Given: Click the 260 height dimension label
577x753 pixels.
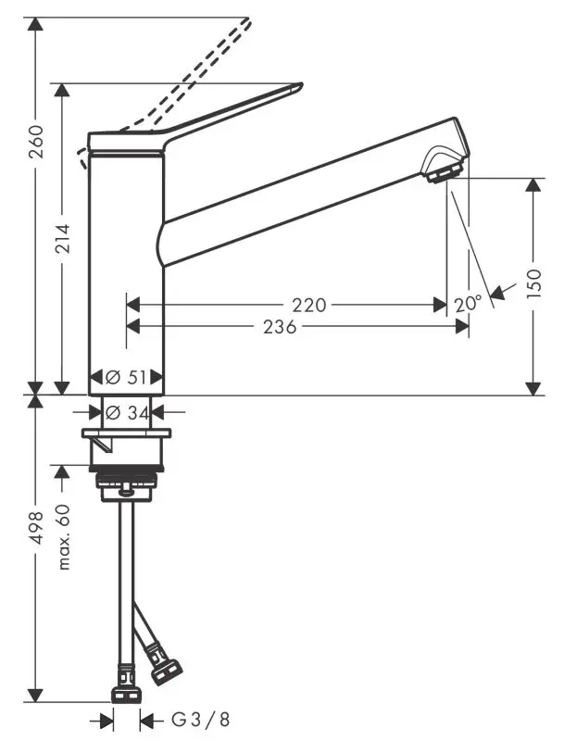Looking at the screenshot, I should (35, 141).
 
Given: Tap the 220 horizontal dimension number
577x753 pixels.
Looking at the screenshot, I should (308, 305).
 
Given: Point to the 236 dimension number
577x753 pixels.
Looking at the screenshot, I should (279, 326).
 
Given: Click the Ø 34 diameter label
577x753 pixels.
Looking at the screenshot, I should (126, 412).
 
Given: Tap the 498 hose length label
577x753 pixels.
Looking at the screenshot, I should (35, 532).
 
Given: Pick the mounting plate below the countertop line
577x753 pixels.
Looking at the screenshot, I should (126, 433).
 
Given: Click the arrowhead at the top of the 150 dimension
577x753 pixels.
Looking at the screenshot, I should (533, 184).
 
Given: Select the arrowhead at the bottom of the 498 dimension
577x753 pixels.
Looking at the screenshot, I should (35, 696).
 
